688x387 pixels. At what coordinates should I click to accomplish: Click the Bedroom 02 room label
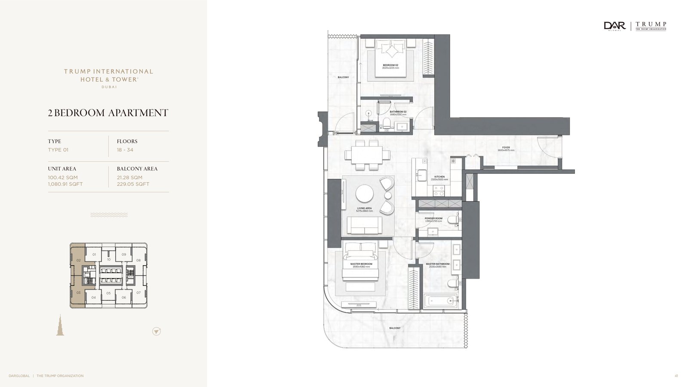pos(390,65)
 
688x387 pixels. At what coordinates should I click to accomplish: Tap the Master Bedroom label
pos(361,264)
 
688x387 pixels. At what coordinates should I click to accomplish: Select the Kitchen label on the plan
pos(439,177)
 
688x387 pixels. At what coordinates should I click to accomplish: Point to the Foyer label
pos(506,148)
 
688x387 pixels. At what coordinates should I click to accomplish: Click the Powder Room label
pos(433,218)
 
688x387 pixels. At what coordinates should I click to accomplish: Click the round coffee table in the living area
pos(365,193)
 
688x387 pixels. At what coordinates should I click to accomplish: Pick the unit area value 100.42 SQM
pos(63,177)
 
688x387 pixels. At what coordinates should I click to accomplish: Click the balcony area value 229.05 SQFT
pos(133,184)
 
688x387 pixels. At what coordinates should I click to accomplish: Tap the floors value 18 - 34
pos(125,150)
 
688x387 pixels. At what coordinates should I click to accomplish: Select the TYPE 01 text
pos(58,150)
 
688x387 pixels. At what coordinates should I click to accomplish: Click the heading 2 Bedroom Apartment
pos(108,113)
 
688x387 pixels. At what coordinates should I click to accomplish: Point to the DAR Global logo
pos(615,26)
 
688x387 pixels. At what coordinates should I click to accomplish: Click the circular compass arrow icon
pos(157,331)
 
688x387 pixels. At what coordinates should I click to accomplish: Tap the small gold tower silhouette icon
pos(60,325)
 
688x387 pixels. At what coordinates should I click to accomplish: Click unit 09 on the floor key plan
pos(124,255)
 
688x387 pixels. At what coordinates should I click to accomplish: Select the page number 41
pos(676,376)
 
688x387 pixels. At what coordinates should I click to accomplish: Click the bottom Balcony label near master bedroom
pos(394,328)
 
